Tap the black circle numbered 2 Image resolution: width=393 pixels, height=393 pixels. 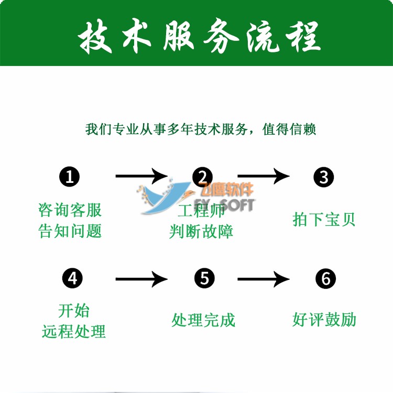(x=203, y=177)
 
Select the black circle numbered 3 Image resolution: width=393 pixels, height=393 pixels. (x=324, y=177)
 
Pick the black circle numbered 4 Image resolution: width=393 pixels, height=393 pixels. (x=72, y=278)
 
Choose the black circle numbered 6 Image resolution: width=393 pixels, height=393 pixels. (x=325, y=278)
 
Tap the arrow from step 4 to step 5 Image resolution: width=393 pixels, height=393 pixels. (x=141, y=279)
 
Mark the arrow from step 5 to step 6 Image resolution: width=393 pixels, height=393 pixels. (x=263, y=279)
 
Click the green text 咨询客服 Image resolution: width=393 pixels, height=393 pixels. (x=70, y=210)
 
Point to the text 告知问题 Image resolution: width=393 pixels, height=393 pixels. (x=70, y=231)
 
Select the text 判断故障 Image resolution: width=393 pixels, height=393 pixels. (x=201, y=231)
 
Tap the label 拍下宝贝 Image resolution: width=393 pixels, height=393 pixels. (x=324, y=219)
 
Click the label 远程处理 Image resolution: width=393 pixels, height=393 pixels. (x=74, y=331)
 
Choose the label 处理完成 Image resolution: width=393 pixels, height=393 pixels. (x=203, y=320)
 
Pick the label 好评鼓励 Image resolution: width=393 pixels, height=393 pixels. (x=324, y=320)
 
